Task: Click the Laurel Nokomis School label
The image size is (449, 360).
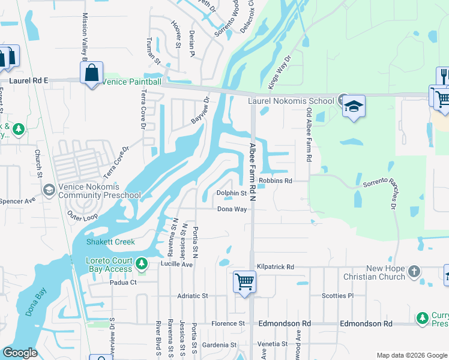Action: click(x=291, y=101)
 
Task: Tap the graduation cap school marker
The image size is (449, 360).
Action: click(x=354, y=107)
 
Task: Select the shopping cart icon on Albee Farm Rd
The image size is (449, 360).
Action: click(x=244, y=281)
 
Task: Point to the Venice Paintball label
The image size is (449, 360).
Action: click(x=132, y=82)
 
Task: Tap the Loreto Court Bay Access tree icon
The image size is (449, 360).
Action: click(x=141, y=263)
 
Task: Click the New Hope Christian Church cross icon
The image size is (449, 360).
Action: click(x=414, y=272)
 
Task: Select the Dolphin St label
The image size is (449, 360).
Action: click(x=232, y=193)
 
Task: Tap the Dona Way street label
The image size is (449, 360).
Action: click(x=232, y=209)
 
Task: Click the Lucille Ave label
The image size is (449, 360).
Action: click(x=176, y=264)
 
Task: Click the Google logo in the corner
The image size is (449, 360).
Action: click(x=20, y=353)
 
